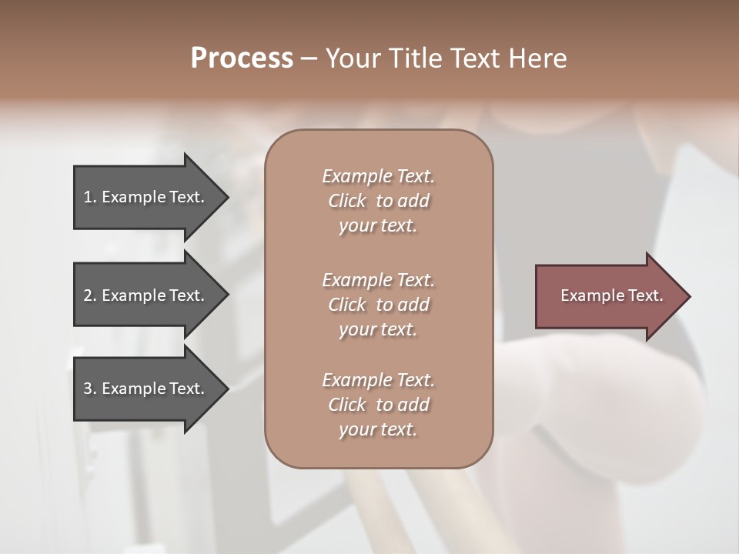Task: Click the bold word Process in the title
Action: tap(242, 58)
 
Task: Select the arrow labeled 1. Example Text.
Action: tap(146, 197)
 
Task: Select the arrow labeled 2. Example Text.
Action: tap(146, 295)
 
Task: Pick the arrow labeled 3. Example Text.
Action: tap(146, 389)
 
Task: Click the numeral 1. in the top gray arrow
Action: tap(90, 197)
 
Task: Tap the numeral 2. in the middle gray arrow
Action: tap(90, 295)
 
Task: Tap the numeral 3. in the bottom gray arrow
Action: tap(90, 389)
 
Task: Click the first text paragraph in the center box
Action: tap(378, 201)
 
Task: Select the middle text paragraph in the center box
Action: tap(378, 305)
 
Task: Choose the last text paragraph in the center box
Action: tap(378, 405)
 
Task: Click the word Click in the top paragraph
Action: tap(346, 201)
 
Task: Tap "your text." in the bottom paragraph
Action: tap(378, 429)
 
